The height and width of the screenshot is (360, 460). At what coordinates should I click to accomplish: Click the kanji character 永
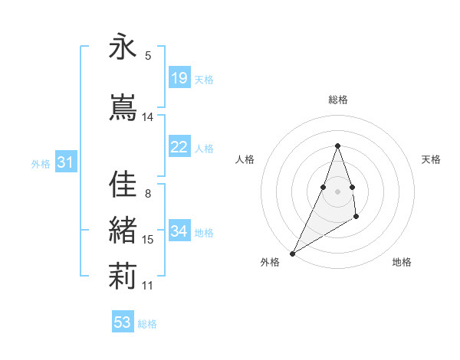pyautogui.click(x=123, y=47)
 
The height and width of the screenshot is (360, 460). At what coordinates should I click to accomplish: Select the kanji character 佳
pyautogui.click(x=123, y=184)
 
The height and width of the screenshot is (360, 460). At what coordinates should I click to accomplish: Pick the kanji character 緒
pyautogui.click(x=123, y=231)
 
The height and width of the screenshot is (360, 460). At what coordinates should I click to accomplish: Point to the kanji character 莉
pyautogui.click(x=123, y=277)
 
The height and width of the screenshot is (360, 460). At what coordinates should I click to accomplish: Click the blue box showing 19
pyautogui.click(x=179, y=78)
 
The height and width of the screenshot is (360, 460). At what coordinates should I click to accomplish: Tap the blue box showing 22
pyautogui.click(x=179, y=148)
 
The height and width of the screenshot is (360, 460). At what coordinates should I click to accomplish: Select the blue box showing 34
pyautogui.click(x=179, y=231)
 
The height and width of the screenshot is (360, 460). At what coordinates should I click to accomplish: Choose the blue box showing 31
pyautogui.click(x=65, y=162)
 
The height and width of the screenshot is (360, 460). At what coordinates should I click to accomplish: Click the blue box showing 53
pyautogui.click(x=123, y=322)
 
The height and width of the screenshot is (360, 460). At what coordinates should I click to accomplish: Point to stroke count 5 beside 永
pyautogui.click(x=148, y=56)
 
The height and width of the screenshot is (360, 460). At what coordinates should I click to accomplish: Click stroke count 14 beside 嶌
pyautogui.click(x=148, y=117)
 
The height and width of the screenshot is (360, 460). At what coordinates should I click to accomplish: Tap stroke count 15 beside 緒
pyautogui.click(x=148, y=240)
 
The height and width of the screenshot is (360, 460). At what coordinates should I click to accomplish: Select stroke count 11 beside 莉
pyautogui.click(x=148, y=286)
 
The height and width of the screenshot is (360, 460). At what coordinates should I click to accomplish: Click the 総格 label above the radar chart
pyautogui.click(x=338, y=100)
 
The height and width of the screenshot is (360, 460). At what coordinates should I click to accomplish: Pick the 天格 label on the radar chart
pyautogui.click(x=432, y=159)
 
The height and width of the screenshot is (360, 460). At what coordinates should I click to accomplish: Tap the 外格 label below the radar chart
pyautogui.click(x=270, y=262)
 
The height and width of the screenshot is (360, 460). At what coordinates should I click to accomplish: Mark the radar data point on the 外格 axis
pyautogui.click(x=293, y=253)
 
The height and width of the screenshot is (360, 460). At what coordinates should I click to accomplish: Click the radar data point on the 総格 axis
pyautogui.click(x=338, y=146)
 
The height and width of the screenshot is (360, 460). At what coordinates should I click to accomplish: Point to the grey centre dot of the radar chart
pyautogui.click(x=338, y=190)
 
